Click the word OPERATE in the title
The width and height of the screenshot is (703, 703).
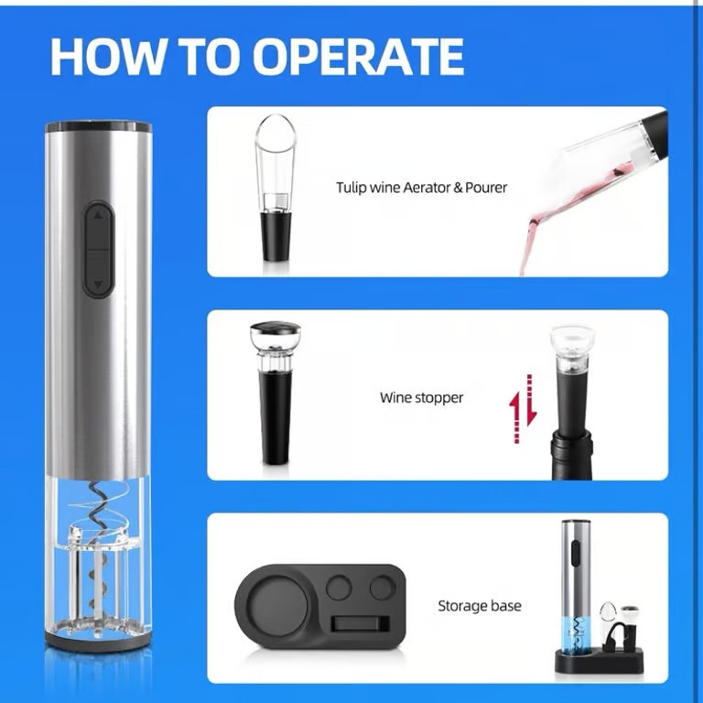(358, 57)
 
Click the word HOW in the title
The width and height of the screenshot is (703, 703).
(106, 57)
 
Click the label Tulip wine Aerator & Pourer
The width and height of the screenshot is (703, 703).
(421, 187)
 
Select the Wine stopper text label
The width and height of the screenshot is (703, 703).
(421, 397)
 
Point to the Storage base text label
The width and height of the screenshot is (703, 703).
(480, 606)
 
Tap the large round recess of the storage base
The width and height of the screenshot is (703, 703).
(277, 606)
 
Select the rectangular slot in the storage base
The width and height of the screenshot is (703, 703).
(361, 624)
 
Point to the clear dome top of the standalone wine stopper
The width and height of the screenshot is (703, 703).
(276, 334)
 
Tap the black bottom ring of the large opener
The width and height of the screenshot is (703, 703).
(98, 641)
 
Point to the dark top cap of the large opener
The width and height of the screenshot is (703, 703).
(98, 127)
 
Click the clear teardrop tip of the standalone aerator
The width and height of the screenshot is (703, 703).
(275, 135)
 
